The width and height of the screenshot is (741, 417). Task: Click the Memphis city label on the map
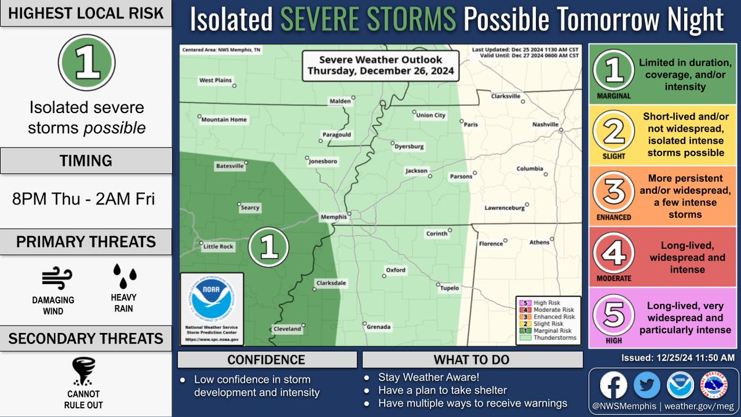click(334, 217)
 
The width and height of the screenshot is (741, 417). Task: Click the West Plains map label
click(214, 80)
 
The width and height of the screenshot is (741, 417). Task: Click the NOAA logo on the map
click(211, 301)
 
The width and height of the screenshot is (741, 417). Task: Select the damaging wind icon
click(53, 279)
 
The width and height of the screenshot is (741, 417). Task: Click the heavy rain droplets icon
click(124, 276)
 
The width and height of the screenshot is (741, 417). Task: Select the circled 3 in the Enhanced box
click(613, 191)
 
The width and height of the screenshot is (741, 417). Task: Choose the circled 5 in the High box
click(613, 313)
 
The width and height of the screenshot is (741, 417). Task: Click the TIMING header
click(86, 161)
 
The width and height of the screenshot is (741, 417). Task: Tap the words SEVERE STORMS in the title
click(368, 21)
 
